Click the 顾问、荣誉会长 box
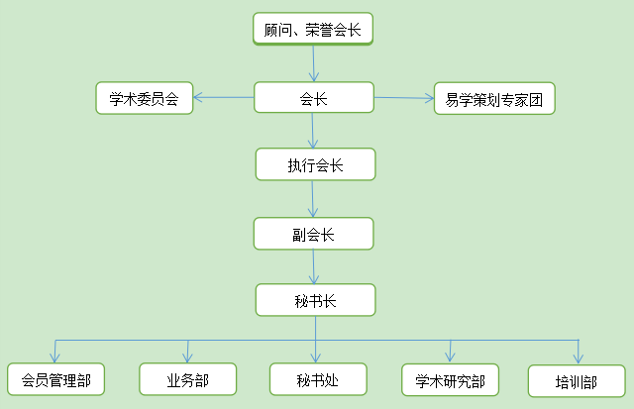(313, 29)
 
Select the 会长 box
(313, 97)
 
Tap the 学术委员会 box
(144, 97)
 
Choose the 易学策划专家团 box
(494, 99)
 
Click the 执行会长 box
(315, 164)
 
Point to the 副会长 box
(313, 234)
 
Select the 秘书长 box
(315, 300)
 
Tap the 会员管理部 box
(55, 379)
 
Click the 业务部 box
(187, 378)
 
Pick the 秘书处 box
(317, 379)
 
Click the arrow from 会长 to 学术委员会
(223, 97)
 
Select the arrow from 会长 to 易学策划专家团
(404, 98)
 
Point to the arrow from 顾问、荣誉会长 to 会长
(314, 63)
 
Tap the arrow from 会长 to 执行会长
(313, 131)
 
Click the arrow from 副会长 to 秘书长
(314, 266)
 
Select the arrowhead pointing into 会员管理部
(55, 357)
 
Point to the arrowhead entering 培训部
(579, 358)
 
